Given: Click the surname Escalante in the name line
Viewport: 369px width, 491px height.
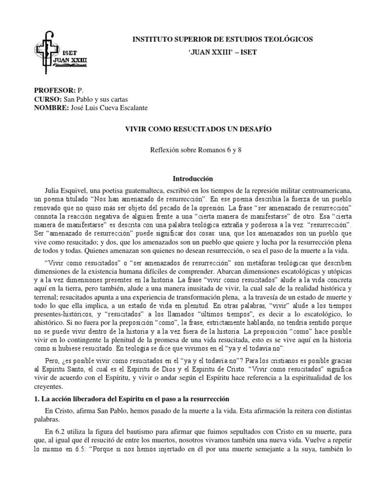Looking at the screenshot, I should [131, 107].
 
